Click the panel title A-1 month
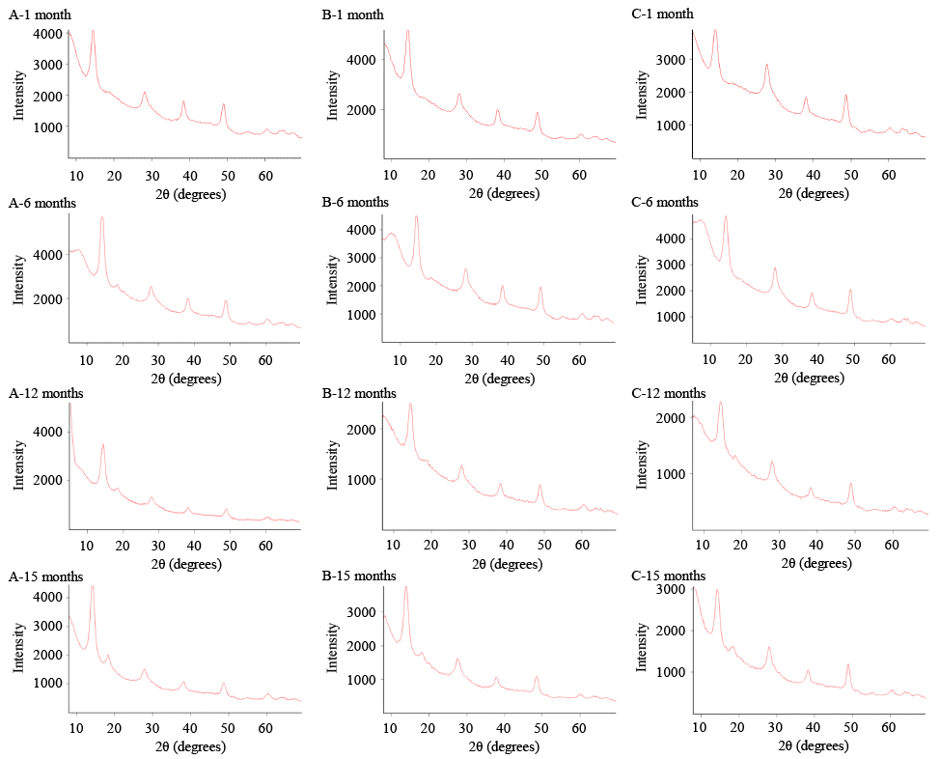[39, 15]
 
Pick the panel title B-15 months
[356, 576]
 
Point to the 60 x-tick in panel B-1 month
[579, 175]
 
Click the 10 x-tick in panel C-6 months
[709, 360]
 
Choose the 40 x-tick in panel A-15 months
[189, 731]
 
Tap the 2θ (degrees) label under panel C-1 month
[785, 193]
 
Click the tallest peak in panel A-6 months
[101, 217]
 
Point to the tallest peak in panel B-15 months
[405, 587]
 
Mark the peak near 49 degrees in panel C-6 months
[850, 290]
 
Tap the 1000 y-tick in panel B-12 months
[361, 479]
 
